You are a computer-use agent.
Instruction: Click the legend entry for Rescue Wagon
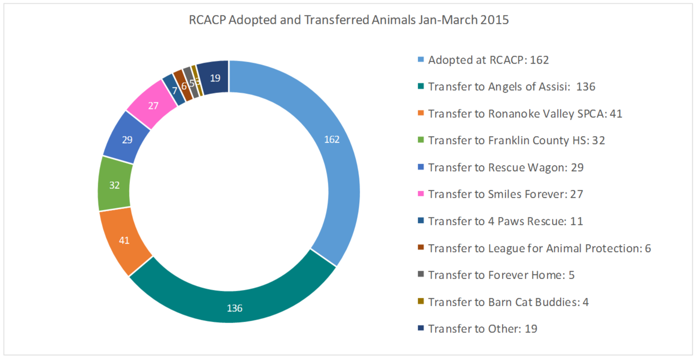click(506, 167)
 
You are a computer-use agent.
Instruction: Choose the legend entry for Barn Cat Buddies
click(508, 302)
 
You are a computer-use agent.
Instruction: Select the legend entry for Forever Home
click(501, 275)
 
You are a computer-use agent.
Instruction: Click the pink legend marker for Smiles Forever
click(420, 194)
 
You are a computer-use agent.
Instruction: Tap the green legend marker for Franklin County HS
click(420, 140)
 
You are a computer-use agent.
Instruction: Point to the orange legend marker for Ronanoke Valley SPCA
click(420, 114)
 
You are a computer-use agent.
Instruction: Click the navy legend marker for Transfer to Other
click(420, 329)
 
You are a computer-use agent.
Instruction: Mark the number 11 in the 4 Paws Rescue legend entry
click(576, 221)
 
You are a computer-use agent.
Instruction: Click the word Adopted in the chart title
click(249, 21)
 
